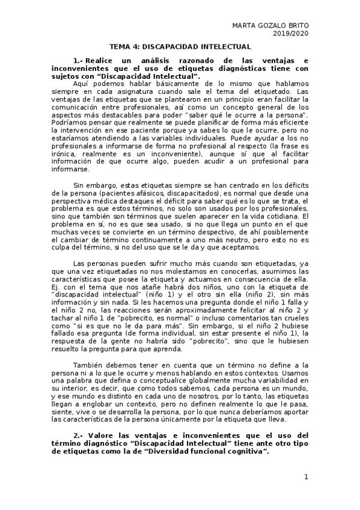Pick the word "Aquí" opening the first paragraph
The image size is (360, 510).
[81, 84]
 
